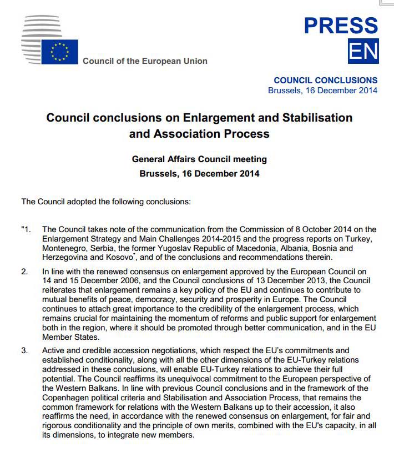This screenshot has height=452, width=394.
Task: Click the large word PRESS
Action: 341,26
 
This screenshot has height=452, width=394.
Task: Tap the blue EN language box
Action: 363,51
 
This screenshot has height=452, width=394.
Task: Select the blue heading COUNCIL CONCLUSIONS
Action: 325,80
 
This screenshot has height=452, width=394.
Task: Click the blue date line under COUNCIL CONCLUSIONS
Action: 322,90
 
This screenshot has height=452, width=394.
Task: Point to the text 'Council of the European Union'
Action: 145,61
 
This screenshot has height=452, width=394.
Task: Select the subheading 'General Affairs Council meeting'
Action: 199,159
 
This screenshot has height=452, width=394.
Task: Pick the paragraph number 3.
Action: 24,350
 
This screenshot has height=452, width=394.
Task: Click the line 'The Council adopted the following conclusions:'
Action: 106,201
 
